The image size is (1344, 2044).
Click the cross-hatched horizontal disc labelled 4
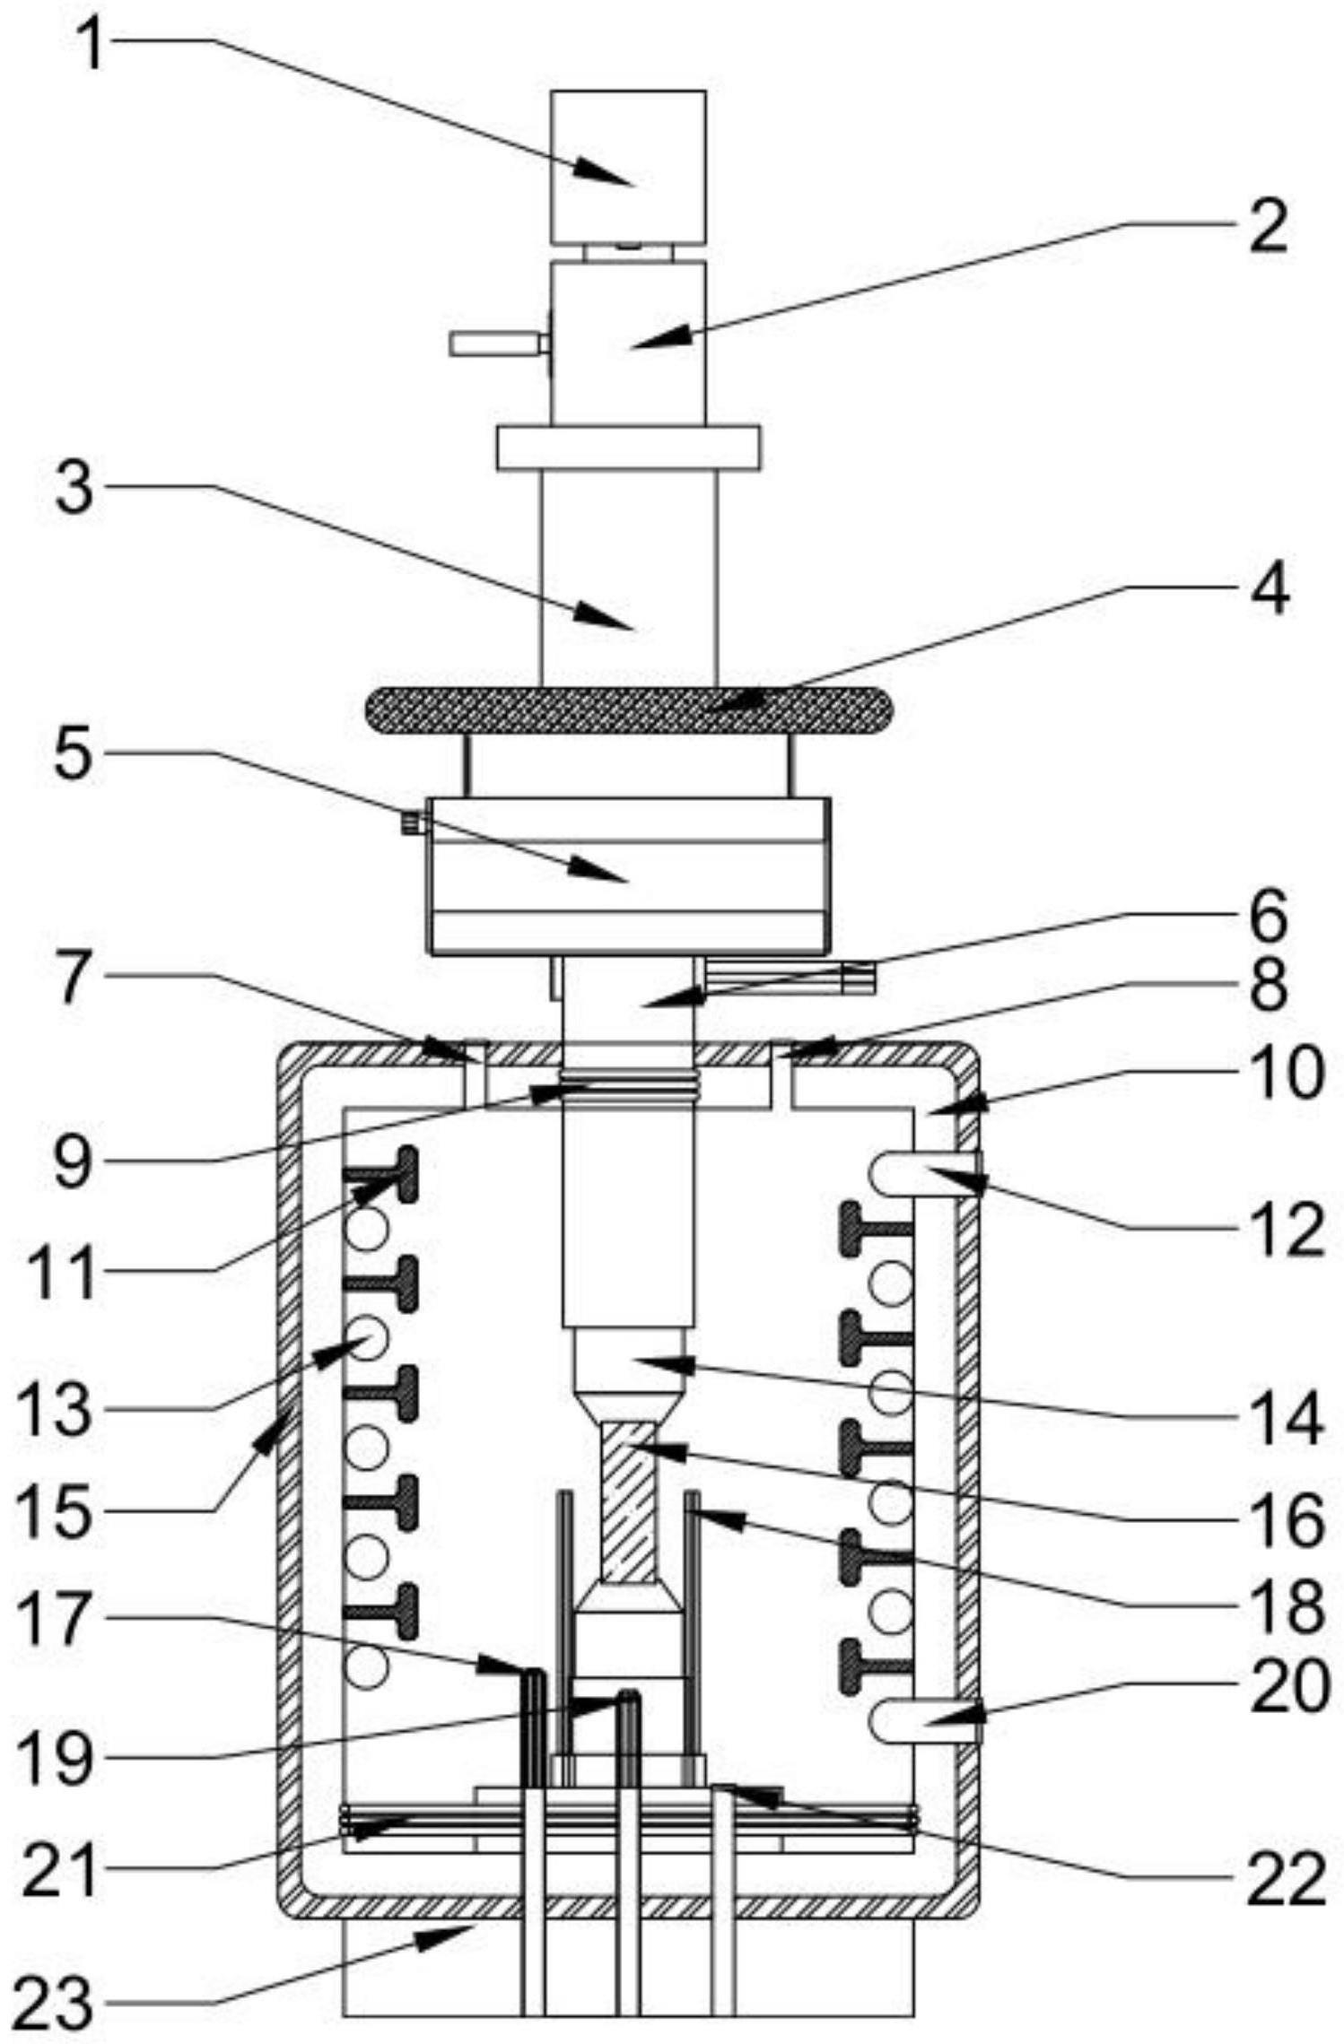coord(628,709)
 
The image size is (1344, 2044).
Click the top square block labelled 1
coord(628,167)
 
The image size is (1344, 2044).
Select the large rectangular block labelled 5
coord(628,874)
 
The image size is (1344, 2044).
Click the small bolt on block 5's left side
coord(414,822)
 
